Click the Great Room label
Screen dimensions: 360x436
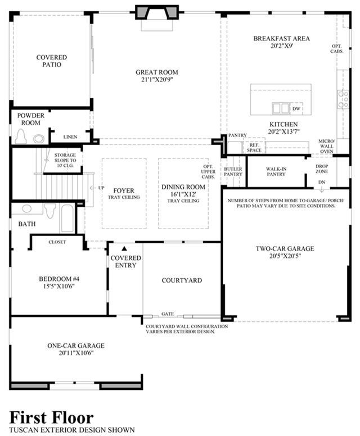tap(157, 72)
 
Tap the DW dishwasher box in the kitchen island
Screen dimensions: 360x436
tap(296, 109)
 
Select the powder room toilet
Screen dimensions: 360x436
tap(21, 136)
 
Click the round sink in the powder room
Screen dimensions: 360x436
tap(39, 138)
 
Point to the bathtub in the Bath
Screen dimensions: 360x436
tap(67, 218)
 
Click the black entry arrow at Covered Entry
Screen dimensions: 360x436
tap(124, 248)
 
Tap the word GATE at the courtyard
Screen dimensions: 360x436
tap(168, 314)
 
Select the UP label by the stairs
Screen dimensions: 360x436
tap(101, 188)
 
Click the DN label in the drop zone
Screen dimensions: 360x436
tap(322, 182)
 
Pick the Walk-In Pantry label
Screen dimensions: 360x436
tap(276, 171)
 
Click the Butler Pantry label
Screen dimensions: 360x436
tap(233, 171)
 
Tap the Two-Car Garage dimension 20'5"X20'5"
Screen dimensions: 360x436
tap(285, 256)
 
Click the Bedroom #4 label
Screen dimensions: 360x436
tap(59, 279)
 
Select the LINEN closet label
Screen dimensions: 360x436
tap(70, 137)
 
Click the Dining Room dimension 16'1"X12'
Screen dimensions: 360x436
tap(183, 194)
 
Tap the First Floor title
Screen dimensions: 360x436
tap(52, 418)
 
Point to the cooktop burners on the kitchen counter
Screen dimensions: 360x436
tap(343, 99)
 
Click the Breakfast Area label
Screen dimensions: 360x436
tap(281, 38)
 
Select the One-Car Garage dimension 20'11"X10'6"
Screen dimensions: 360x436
tap(76, 353)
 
